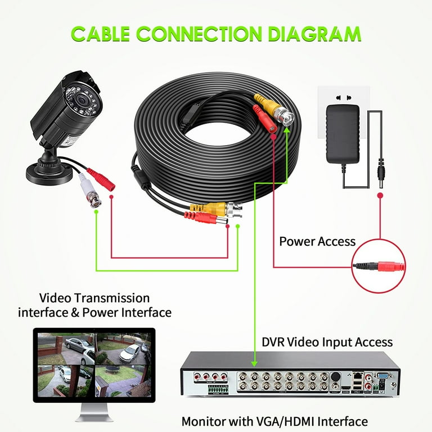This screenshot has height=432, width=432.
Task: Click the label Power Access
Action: tap(317, 241)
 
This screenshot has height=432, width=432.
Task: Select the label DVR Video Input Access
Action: tap(327, 341)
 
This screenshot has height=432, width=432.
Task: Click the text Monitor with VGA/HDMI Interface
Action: tap(274, 421)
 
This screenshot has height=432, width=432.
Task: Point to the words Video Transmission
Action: tap(94, 298)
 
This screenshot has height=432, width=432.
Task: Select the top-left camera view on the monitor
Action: tap(65, 349)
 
